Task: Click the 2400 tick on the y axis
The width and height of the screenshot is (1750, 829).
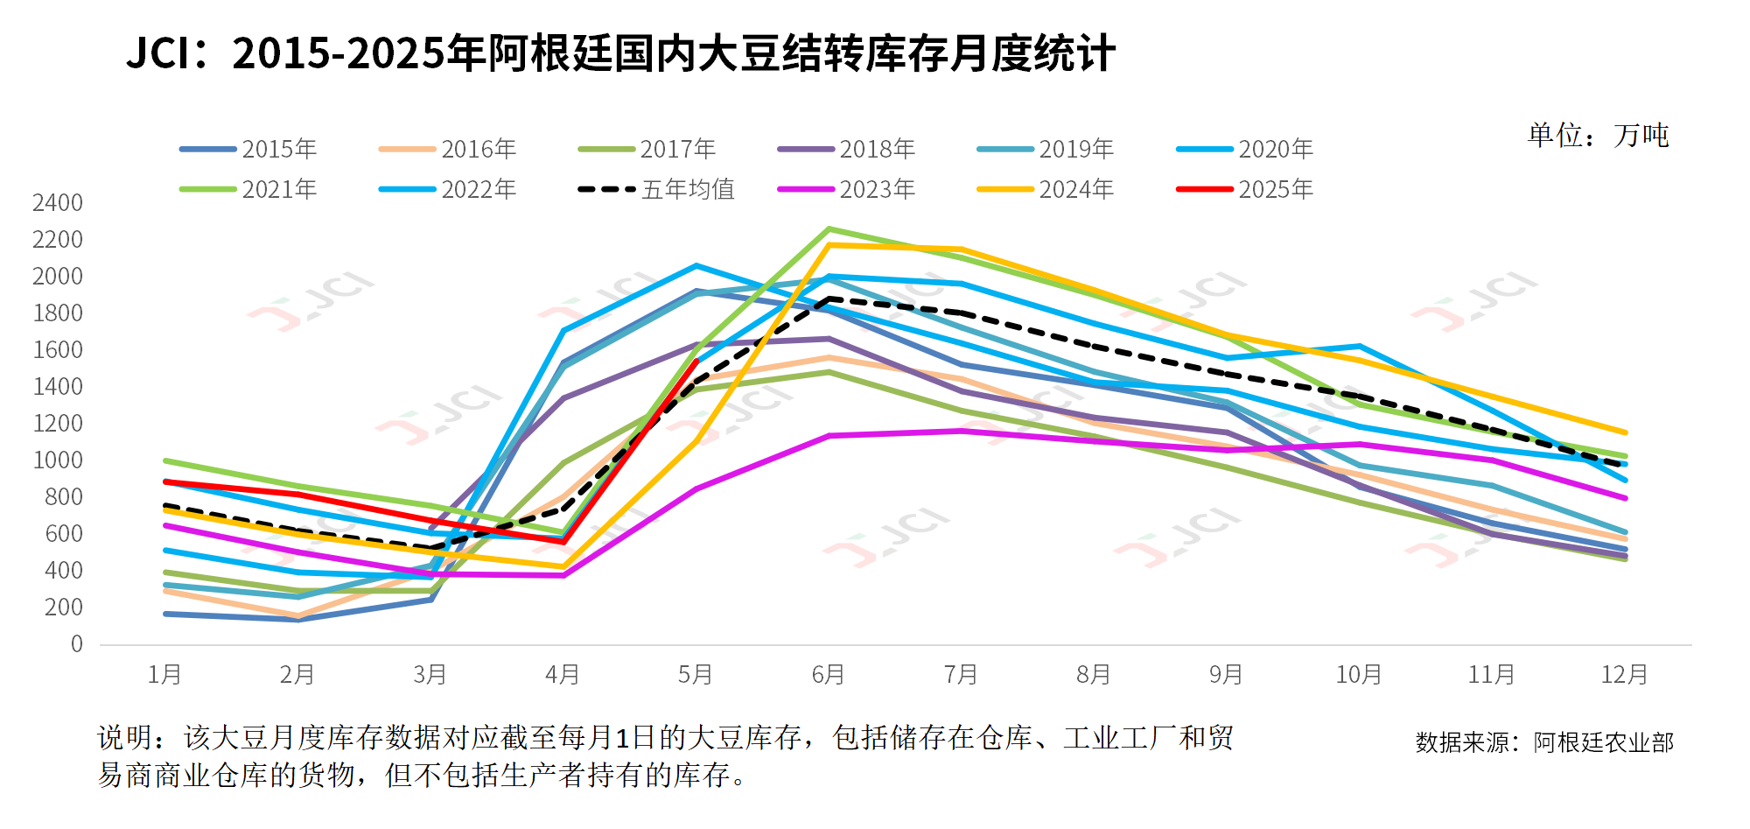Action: pos(58,203)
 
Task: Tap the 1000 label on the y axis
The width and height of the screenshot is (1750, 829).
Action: pos(58,460)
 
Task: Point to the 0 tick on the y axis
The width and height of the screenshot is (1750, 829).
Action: pos(77,644)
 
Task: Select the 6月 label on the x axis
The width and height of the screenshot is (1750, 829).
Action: pos(828,675)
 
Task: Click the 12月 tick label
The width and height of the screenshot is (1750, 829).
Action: pos(1624,675)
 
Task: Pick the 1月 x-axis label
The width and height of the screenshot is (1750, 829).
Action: pos(164,675)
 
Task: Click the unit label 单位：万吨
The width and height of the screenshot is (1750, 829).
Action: pos(1598,136)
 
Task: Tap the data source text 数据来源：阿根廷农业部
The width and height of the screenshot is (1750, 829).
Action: pos(1544,742)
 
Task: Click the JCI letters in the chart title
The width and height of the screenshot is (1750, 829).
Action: pos(158,53)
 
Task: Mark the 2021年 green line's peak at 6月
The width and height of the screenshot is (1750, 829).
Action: pos(829,229)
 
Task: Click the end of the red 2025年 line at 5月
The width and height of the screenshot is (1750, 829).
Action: pos(696,361)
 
